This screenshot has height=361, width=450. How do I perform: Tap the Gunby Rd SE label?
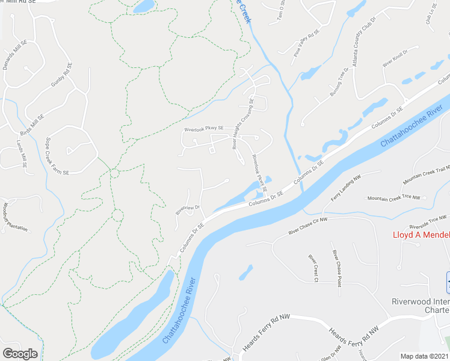[x=61, y=75]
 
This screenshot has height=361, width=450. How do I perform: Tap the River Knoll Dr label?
[x=396, y=60]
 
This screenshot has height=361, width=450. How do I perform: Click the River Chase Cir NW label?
[x=308, y=226]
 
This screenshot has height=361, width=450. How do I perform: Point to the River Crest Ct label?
[x=313, y=268]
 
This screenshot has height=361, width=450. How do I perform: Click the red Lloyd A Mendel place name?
[x=421, y=235]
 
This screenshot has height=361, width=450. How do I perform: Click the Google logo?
[x=20, y=354]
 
